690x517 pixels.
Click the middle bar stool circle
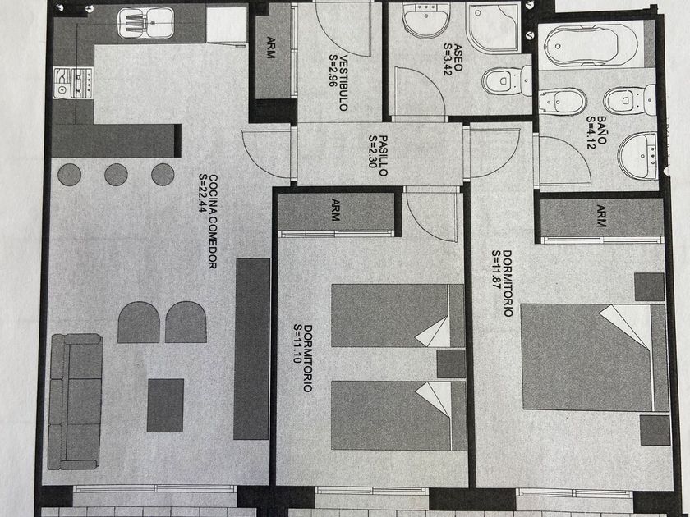coord(116,174)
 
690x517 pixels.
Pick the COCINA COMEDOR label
coord(212,222)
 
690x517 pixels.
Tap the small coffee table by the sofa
coord(165,405)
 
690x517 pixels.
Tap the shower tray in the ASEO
coord(493,28)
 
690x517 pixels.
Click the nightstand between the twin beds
coord(450,364)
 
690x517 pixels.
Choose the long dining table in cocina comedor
coord(251,348)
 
